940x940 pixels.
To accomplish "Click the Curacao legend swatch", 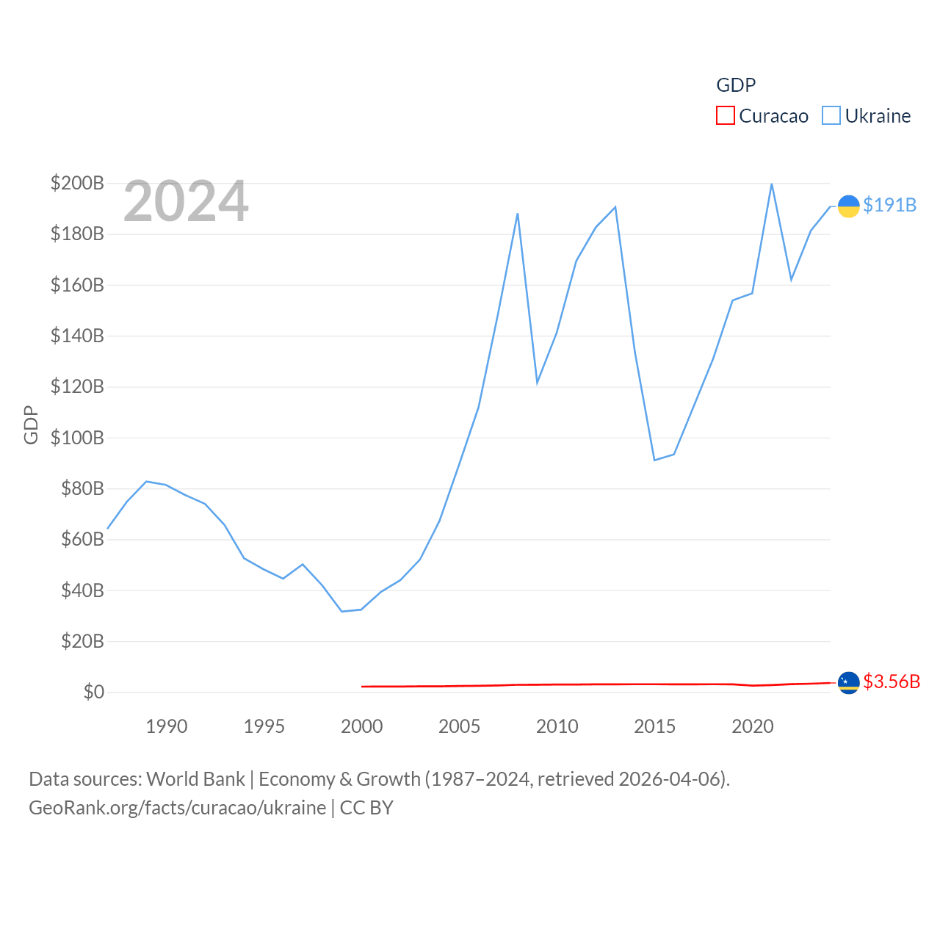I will [x=725, y=115].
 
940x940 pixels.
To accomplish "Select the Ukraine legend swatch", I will [x=831, y=115].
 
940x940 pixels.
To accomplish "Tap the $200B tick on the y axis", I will [x=77, y=183].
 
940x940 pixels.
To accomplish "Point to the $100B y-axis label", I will [x=77, y=438].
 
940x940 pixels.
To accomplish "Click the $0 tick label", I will [x=93, y=692].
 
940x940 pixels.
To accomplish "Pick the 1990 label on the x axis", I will [x=167, y=726].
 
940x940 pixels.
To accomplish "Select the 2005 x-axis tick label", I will [x=459, y=726].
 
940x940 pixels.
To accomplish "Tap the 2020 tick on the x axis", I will [x=752, y=726].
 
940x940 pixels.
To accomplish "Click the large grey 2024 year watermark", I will [x=186, y=201].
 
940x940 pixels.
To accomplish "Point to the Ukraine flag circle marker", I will [x=848, y=206].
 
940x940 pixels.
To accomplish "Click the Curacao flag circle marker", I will [x=848, y=682].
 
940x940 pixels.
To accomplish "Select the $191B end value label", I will [x=889, y=205].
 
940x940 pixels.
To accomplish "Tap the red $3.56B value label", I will [x=891, y=681].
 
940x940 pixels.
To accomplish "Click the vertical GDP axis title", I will [x=31, y=424].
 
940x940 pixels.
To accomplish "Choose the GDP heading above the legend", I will [x=736, y=85].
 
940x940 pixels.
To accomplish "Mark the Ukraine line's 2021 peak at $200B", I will [x=771, y=184].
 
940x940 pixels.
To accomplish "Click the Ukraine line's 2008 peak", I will [x=518, y=214].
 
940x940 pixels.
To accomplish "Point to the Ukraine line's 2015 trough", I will [x=654, y=460].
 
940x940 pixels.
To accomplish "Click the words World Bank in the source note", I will [x=196, y=778].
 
